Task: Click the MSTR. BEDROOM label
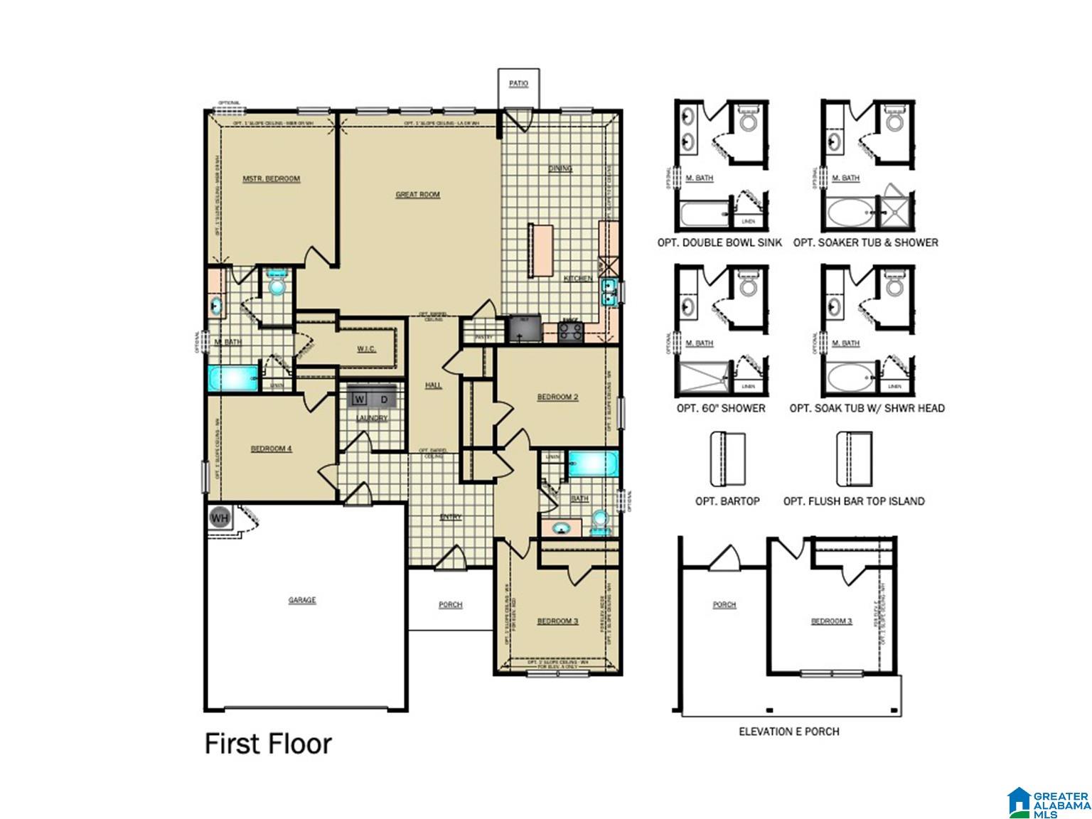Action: tap(271, 178)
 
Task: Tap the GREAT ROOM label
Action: tap(417, 194)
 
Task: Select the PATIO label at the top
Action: tap(518, 84)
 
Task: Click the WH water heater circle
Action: tap(220, 518)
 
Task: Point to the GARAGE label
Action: tap(301, 600)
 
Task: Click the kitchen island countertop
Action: tap(540, 251)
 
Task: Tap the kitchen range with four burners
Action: tap(570, 332)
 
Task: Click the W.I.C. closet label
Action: tap(366, 348)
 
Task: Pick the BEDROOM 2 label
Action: tap(557, 397)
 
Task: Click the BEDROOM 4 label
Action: tap(271, 449)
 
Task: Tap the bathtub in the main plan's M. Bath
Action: tap(233, 378)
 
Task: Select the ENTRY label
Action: tap(450, 517)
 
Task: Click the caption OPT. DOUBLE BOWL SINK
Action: tap(719, 242)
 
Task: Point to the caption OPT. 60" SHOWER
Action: tap(721, 408)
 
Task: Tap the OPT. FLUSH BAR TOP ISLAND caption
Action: tap(853, 501)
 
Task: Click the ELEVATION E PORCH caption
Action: tap(788, 731)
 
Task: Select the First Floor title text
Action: tap(268, 744)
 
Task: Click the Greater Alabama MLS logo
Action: tap(1049, 802)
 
